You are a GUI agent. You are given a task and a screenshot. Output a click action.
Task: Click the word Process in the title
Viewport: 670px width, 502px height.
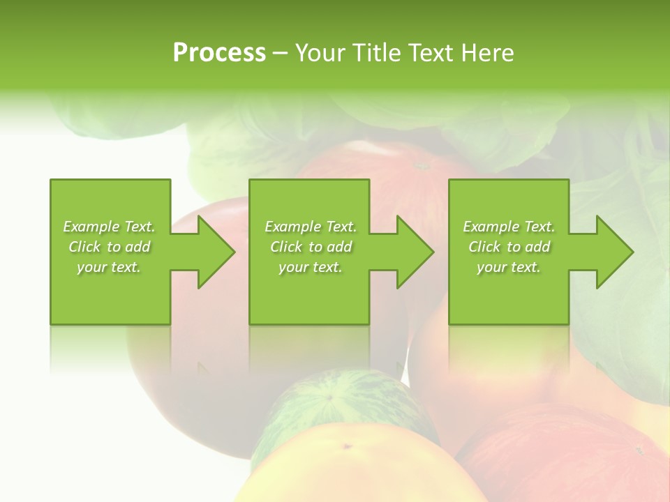(x=219, y=53)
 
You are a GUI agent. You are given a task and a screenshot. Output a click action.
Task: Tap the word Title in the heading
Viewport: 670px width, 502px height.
(x=377, y=53)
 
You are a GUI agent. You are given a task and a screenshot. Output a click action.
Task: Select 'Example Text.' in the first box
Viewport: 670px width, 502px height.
(x=109, y=227)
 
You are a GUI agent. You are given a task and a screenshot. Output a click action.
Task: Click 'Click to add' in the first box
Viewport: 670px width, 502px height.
(x=109, y=247)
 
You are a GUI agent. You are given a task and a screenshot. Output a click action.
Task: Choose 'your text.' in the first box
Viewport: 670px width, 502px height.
(x=109, y=267)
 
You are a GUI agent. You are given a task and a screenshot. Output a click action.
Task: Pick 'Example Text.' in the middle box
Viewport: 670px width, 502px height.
(x=310, y=227)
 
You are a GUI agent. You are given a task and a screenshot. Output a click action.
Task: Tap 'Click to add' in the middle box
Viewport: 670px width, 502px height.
(x=310, y=247)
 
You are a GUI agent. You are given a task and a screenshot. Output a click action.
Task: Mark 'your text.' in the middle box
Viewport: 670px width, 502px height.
(x=310, y=267)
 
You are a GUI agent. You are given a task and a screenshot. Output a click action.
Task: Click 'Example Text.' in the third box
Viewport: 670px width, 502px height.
(x=509, y=227)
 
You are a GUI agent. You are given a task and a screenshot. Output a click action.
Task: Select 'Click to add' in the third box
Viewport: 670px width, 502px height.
(x=509, y=247)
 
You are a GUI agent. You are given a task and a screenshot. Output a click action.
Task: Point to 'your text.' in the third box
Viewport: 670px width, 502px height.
(x=509, y=267)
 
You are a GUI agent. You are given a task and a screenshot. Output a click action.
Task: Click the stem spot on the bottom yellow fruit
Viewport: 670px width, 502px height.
(x=346, y=446)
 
